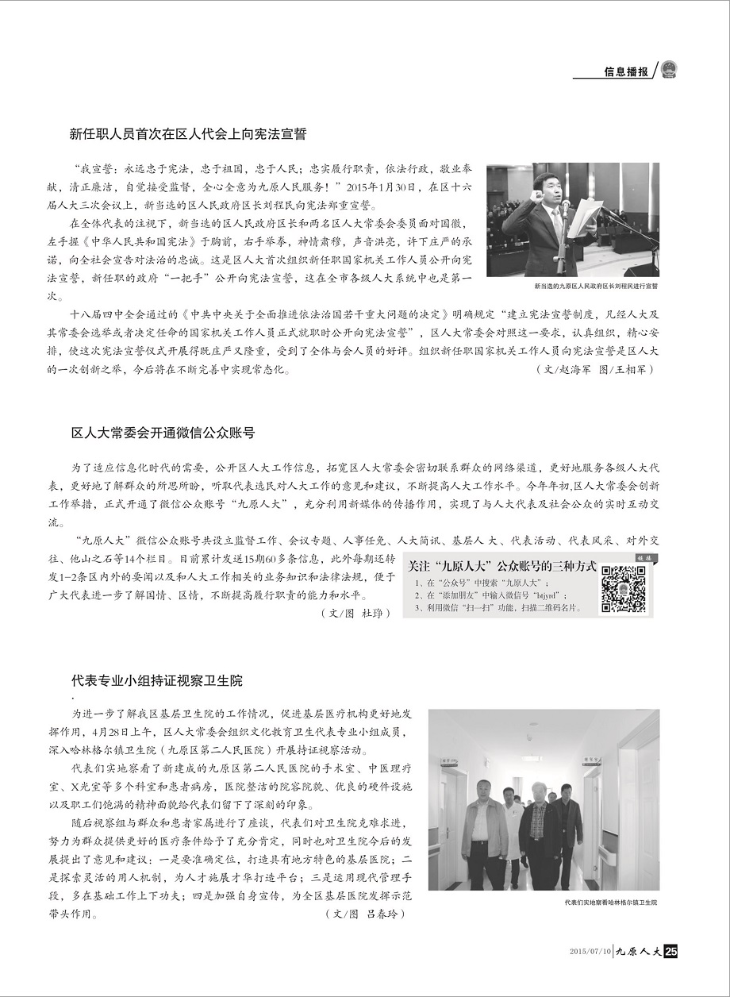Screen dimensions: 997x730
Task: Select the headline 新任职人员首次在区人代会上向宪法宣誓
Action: (188, 134)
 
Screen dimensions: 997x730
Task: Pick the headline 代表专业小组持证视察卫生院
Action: (157, 681)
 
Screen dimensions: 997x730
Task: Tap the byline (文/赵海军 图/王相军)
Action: (595, 370)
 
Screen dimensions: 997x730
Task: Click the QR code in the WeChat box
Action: (622, 589)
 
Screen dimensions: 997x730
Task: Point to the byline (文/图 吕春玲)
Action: (365, 914)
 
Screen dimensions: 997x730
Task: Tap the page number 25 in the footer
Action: (670, 952)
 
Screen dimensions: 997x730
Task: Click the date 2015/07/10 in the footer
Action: (591, 952)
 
